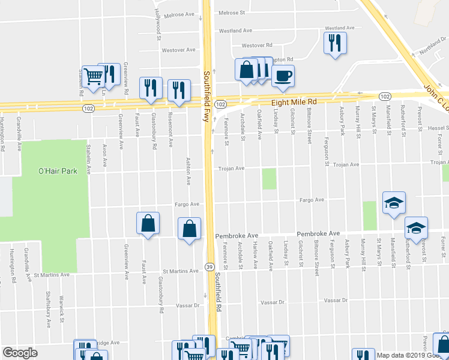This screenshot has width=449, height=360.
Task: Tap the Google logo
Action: (20, 353)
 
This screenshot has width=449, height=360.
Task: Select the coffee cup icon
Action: (283, 76)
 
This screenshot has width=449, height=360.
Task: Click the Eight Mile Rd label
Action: (292, 103)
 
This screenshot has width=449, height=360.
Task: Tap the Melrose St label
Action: (232, 13)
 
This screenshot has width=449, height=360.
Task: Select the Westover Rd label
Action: (257, 45)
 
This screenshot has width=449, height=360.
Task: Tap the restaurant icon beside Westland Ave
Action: (334, 43)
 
